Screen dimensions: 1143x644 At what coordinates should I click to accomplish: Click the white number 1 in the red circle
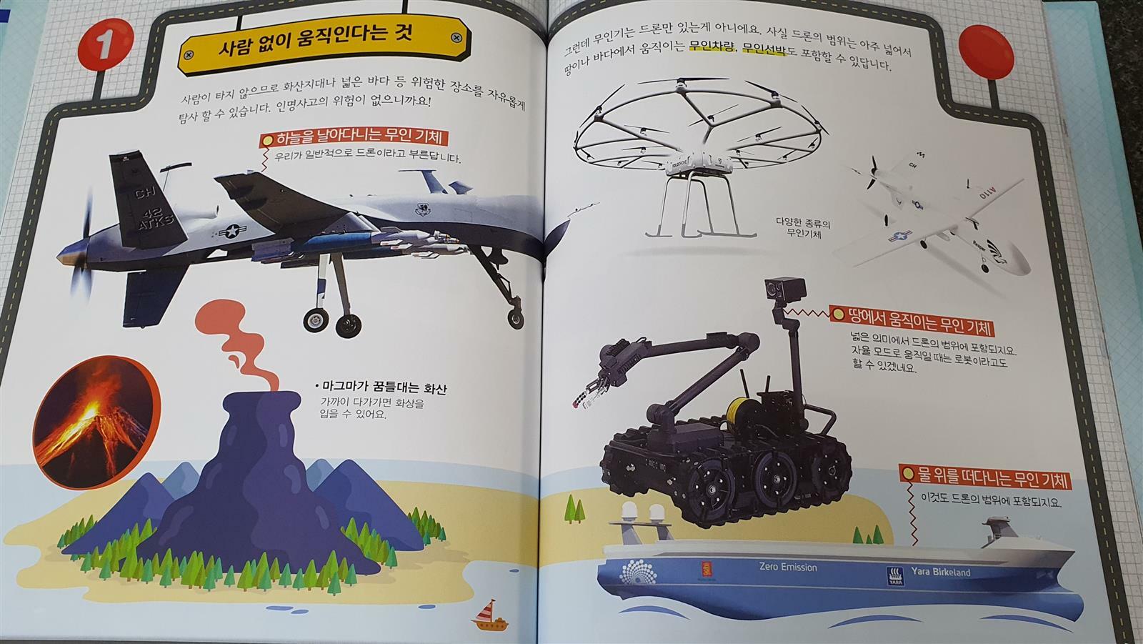pyautogui.click(x=105, y=44)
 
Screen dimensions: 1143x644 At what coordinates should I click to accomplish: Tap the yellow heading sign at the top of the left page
pyautogui.click(x=324, y=44)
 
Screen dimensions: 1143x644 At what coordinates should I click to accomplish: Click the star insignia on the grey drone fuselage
pyautogui.click(x=232, y=232)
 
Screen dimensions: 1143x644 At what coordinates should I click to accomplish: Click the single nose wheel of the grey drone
pyautogui.click(x=516, y=318)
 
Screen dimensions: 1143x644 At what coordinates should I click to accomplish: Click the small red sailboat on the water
pyautogui.click(x=489, y=616)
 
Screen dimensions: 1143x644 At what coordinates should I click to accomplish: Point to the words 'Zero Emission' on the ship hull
pyautogui.click(x=788, y=566)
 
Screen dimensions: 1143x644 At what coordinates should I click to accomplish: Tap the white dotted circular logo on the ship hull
pyautogui.click(x=638, y=573)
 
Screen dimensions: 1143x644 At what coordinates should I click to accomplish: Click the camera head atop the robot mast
pyautogui.click(x=784, y=289)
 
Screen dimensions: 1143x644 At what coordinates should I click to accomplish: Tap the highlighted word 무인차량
pyautogui.click(x=712, y=47)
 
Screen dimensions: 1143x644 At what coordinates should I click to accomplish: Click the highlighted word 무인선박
pyautogui.click(x=764, y=49)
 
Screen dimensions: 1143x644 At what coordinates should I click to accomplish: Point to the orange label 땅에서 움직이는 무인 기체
pyautogui.click(x=912, y=321)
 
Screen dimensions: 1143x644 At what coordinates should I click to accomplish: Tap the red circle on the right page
pyautogui.click(x=986, y=51)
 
